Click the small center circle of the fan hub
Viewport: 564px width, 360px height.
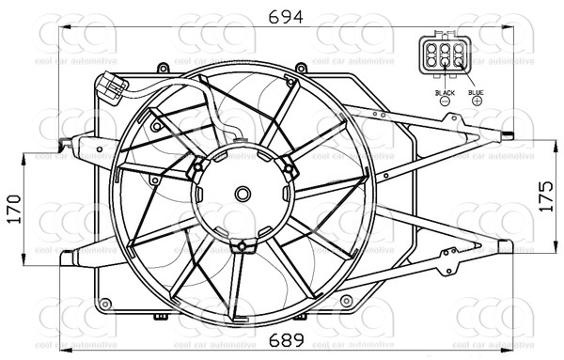243,195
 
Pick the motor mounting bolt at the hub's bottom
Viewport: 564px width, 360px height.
243,246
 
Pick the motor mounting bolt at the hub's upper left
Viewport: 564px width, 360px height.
198,168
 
